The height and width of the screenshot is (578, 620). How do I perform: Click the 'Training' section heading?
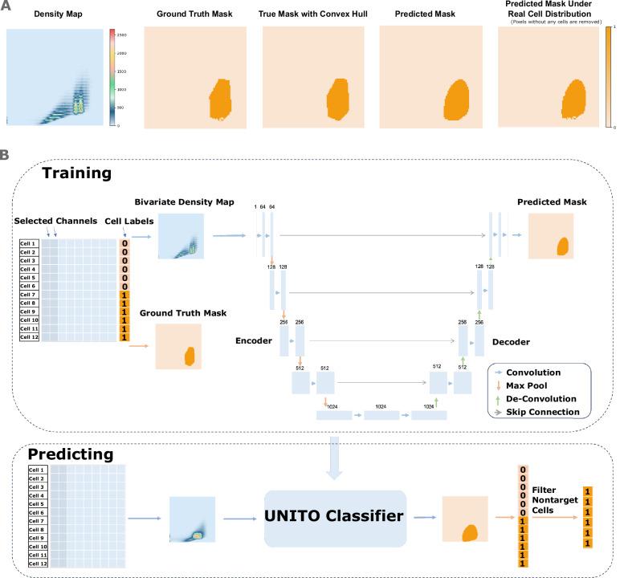tap(76, 173)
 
